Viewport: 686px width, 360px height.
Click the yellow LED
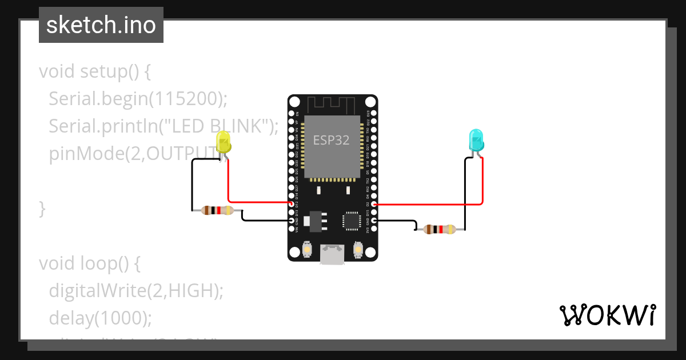point(224,142)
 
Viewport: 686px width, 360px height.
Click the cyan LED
point(476,141)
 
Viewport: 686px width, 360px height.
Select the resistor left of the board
point(218,211)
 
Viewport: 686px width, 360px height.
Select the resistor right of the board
point(439,230)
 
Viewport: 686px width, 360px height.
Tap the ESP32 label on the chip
point(331,140)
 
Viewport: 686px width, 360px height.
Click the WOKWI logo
point(607,315)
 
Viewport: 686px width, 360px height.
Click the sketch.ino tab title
point(101,25)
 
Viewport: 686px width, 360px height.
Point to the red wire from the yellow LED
point(229,183)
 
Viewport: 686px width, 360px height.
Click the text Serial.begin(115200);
point(138,99)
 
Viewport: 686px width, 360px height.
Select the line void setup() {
point(94,72)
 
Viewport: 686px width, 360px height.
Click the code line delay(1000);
point(100,317)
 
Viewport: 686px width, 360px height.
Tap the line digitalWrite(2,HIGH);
point(135,290)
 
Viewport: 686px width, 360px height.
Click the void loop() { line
point(89,263)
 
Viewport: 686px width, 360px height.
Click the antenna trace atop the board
point(332,105)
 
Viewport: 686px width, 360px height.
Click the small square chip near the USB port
point(351,221)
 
